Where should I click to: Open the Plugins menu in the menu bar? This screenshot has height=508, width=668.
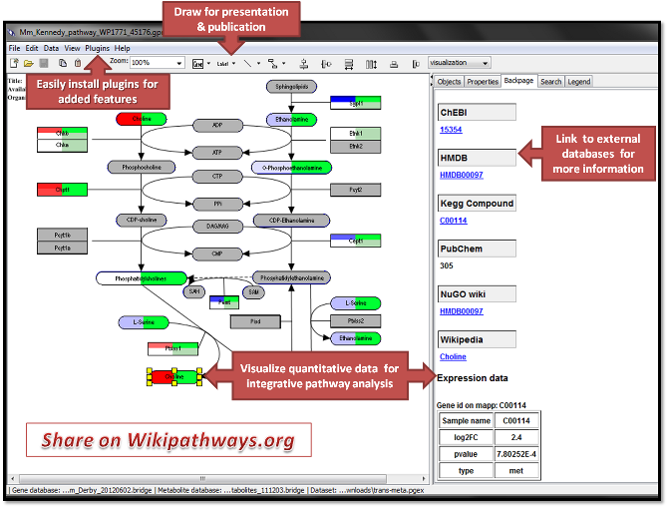[98, 48]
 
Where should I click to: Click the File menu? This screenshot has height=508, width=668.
[15, 48]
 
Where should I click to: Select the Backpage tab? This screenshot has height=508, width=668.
[518, 81]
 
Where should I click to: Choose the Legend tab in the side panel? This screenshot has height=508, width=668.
[578, 82]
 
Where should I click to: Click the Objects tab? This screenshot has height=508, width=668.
[450, 82]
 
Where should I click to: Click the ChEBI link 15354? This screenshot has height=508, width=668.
[452, 130]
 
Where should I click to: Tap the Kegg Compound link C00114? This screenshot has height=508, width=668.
[454, 221]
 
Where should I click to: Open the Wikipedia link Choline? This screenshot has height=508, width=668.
[453, 356]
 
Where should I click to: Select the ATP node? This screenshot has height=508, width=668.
[216, 152]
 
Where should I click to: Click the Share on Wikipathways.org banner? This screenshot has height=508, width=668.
[168, 441]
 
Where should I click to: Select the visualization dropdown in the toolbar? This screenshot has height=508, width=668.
[466, 63]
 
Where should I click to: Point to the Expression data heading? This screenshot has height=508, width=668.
[473, 378]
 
